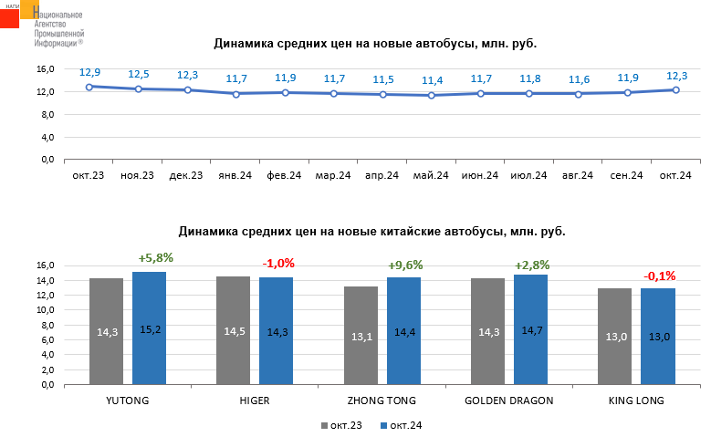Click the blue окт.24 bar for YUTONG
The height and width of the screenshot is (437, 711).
149,328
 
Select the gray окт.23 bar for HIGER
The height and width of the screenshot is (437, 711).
233,330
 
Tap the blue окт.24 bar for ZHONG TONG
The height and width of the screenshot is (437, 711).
403,330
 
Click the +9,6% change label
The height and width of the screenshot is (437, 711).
405,265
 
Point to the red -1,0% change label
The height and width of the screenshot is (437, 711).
278,264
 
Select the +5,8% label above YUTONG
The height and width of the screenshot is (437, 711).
155,258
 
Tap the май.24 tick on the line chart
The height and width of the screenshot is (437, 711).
432,175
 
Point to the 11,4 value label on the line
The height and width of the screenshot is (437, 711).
432,80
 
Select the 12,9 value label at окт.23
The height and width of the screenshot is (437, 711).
89,72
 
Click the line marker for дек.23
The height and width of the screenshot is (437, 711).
187,89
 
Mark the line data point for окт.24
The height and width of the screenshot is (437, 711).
676,89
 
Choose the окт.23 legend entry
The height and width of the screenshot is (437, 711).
342,425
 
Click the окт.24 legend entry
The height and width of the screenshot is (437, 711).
401,425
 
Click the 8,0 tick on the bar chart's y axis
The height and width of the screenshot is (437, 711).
46,325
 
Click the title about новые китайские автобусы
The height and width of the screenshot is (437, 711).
371,232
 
